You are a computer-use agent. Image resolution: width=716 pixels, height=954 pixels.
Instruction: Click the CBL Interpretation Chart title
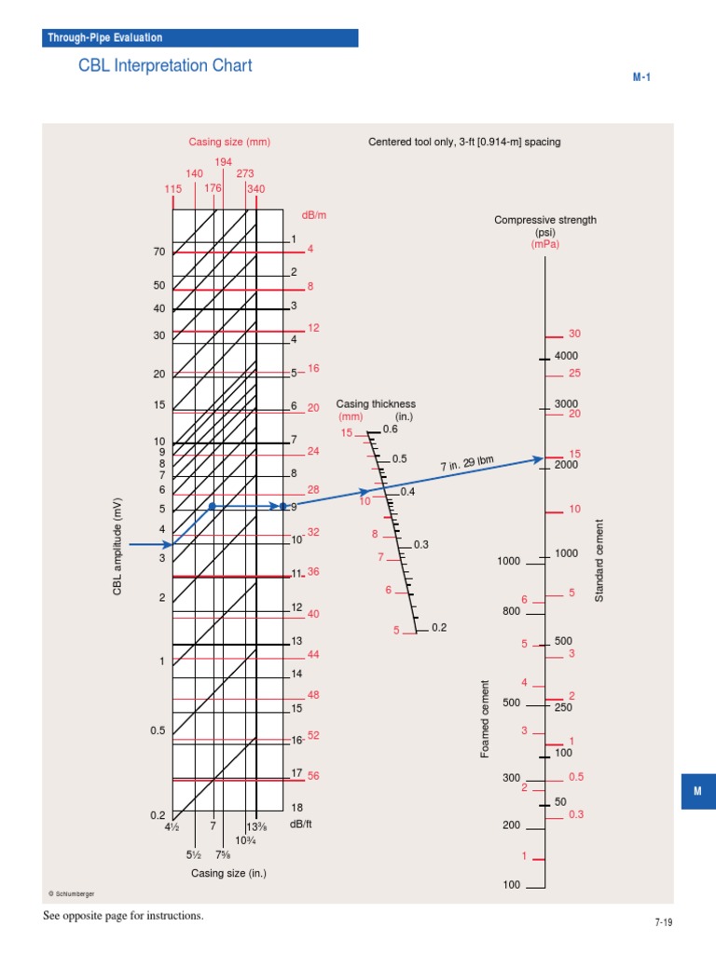165,66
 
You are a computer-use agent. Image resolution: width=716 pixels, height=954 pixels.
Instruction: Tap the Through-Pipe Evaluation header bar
200,37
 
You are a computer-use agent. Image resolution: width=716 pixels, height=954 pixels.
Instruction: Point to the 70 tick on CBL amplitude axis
158,252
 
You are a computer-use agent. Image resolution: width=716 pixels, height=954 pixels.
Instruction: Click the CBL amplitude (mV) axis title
118,548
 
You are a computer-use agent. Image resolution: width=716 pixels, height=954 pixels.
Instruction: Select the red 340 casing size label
255,189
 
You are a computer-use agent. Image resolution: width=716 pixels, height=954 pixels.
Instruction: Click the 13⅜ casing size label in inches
256,827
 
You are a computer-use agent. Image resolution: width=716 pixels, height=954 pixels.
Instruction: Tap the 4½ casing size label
172,827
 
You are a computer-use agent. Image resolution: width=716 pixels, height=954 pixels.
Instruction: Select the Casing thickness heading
376,404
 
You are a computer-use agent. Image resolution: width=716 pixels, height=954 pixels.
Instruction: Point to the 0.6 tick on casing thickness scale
390,429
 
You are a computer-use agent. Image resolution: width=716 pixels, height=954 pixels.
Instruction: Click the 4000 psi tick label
566,356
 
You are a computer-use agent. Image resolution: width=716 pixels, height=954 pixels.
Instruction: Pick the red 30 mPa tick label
574,334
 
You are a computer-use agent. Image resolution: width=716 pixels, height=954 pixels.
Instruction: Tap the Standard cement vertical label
599,560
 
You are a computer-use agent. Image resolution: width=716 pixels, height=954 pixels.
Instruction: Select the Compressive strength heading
544,220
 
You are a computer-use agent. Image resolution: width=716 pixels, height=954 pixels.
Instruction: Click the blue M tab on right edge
697,791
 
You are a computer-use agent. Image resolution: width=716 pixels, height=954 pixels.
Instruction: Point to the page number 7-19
663,922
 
